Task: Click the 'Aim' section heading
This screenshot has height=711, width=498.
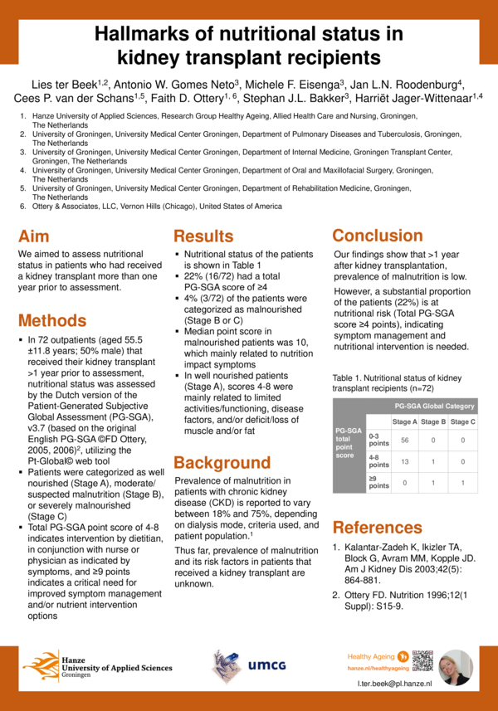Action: [38, 235]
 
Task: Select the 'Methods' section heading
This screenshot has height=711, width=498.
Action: [52, 320]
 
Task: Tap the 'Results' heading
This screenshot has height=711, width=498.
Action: [203, 236]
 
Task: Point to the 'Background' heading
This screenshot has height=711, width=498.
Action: [222, 462]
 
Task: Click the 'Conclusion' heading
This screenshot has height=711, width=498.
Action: [378, 235]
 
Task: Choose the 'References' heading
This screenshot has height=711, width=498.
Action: [378, 527]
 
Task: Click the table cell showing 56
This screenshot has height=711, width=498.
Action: [405, 440]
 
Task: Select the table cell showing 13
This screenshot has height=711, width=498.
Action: [405, 461]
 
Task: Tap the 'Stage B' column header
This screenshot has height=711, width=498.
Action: [433, 422]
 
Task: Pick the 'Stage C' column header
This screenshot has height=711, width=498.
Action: [462, 422]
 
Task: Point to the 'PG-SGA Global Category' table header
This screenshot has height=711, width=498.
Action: [434, 406]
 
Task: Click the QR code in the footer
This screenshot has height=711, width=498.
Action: [422, 660]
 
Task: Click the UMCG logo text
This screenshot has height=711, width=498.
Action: [266, 665]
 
